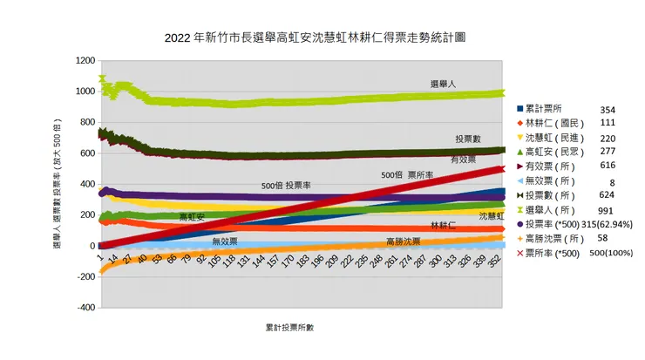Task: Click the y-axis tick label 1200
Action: [x=84, y=60]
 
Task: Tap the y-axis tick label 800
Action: [x=85, y=122]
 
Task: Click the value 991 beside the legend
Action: [x=607, y=210]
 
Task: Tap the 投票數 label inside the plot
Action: [x=467, y=139]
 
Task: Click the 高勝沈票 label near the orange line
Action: [x=403, y=241]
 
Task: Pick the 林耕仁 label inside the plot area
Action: [x=442, y=225]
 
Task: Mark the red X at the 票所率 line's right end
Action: [x=501, y=169]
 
